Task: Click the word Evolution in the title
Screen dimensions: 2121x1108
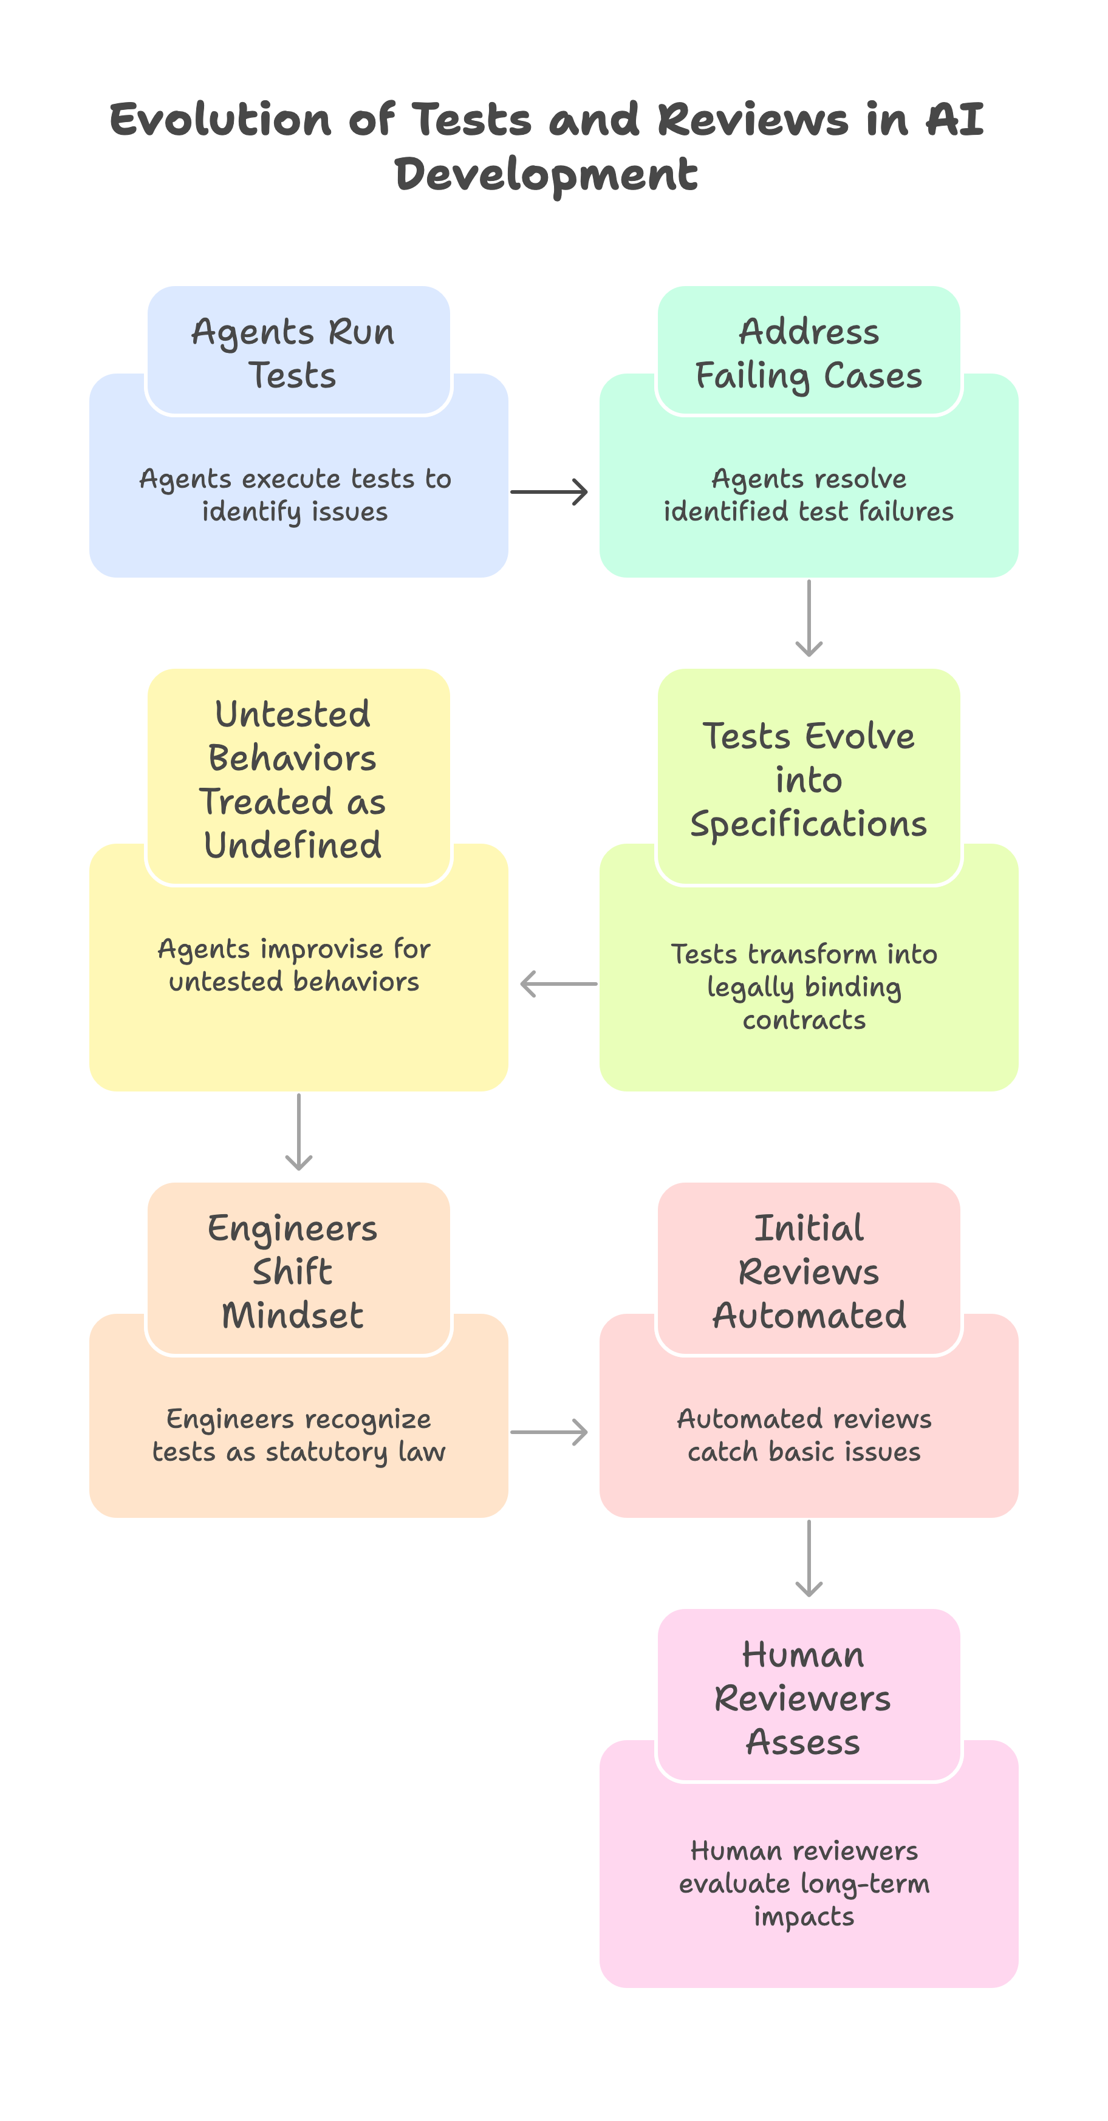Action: (x=220, y=120)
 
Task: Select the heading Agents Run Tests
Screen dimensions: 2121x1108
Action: (x=293, y=353)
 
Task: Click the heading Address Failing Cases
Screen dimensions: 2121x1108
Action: (x=809, y=353)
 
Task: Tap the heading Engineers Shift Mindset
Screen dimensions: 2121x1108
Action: (x=293, y=1271)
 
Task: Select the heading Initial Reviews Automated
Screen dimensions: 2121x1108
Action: (x=809, y=1271)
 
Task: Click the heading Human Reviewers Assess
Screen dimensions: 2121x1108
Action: (x=802, y=1698)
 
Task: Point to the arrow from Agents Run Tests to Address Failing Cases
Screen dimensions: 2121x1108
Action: (x=549, y=493)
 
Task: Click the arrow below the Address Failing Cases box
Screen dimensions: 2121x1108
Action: (x=809, y=618)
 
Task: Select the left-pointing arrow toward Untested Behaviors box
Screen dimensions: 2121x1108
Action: (x=558, y=983)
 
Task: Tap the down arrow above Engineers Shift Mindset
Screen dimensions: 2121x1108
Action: (x=299, y=1132)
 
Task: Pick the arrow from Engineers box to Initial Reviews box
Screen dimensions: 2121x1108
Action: (x=549, y=1432)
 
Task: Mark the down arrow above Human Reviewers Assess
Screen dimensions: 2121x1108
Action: (x=809, y=1558)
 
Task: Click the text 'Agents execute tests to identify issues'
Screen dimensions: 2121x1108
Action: (x=295, y=495)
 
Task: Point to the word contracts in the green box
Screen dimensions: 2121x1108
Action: (x=804, y=1020)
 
